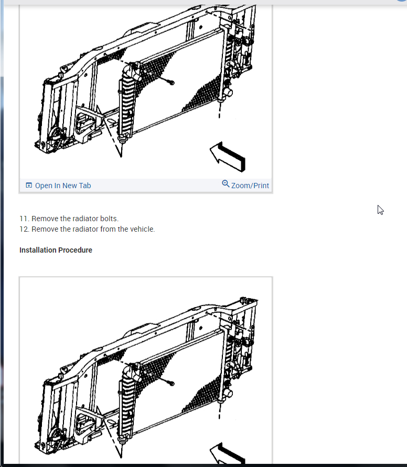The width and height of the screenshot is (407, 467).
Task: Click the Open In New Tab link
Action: [63, 186]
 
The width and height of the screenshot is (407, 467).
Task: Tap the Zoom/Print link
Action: [250, 186]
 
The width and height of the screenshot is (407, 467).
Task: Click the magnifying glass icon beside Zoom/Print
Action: [226, 184]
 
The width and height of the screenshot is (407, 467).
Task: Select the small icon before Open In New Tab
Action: [29, 185]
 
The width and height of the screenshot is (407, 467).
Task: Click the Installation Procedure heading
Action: [56, 250]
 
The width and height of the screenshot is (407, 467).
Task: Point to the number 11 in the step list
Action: [24, 219]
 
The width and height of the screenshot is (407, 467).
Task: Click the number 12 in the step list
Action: [24, 229]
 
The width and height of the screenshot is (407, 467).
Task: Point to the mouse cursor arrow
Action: [380, 210]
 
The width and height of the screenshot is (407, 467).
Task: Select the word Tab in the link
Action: [85, 186]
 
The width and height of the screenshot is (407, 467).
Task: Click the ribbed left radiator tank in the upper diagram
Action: [127, 103]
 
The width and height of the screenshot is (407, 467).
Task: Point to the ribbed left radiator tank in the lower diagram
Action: [127, 404]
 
